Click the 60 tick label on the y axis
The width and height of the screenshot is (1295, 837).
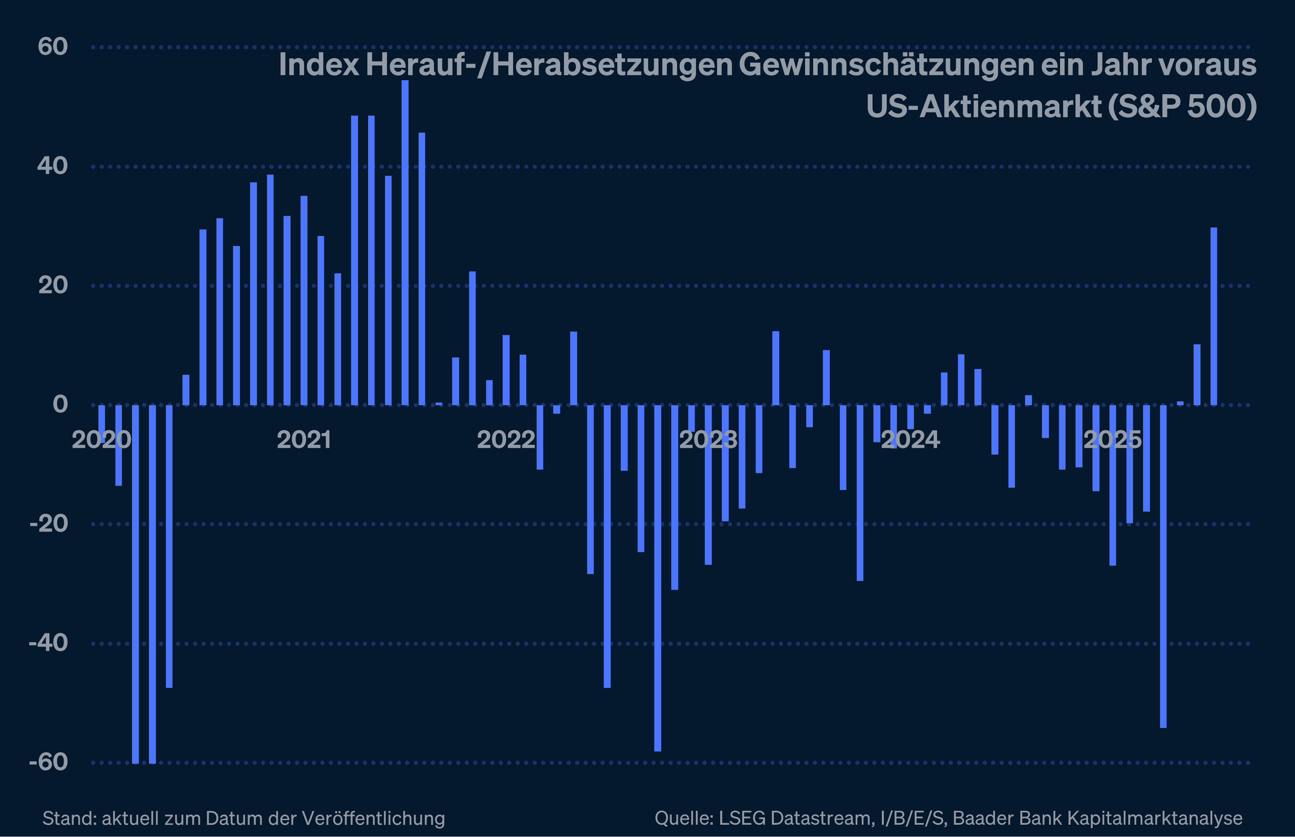[53, 47]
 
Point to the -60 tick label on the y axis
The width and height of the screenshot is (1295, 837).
[48, 762]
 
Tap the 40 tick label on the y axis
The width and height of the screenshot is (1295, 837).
[52, 166]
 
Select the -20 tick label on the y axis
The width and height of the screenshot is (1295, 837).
[48, 524]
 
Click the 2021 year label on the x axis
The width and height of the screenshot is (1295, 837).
[304, 440]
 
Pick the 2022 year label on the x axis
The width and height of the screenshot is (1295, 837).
[506, 440]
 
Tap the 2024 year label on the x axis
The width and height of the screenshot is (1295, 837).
[910, 440]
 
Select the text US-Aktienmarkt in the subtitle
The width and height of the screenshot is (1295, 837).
[983, 107]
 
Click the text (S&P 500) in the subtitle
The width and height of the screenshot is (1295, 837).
[1182, 107]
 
